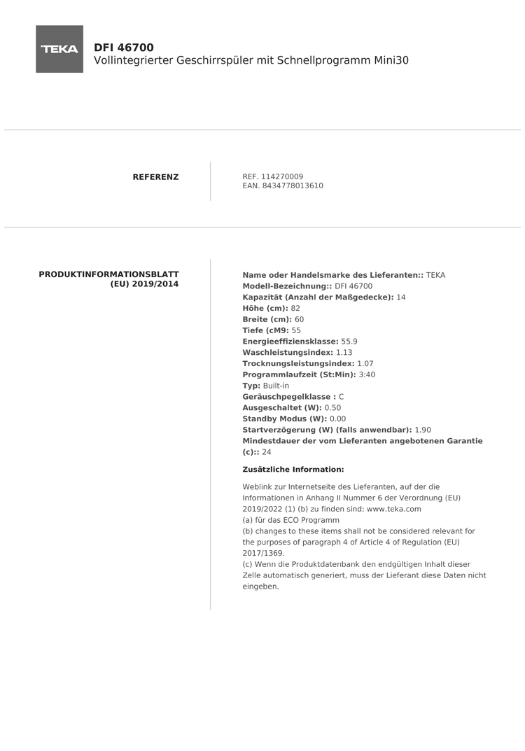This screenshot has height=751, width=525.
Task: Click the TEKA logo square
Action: [59, 49]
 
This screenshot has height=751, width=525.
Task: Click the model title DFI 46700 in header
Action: [124, 48]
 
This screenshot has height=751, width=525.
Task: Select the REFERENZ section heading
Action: [155, 177]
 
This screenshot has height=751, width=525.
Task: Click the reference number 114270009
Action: [282, 176]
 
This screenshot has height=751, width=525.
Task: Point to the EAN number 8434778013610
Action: [293, 186]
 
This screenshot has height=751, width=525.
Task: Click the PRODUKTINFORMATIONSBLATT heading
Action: [108, 274]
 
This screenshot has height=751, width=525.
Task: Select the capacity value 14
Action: [401, 297]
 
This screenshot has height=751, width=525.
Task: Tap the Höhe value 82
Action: [295, 309]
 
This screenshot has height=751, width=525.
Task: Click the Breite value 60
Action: [300, 319]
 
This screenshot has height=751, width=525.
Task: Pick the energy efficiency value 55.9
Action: [349, 342]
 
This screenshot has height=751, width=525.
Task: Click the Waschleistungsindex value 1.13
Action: [344, 353]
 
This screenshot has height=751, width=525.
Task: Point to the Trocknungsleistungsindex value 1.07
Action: [365, 364]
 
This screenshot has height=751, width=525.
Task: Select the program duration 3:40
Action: [367, 375]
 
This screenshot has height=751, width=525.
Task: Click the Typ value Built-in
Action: [276, 386]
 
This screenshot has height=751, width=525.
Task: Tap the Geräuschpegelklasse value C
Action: [341, 397]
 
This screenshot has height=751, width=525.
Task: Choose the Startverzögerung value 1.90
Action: [423, 430]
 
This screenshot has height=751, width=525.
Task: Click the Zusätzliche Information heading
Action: [293, 470]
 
